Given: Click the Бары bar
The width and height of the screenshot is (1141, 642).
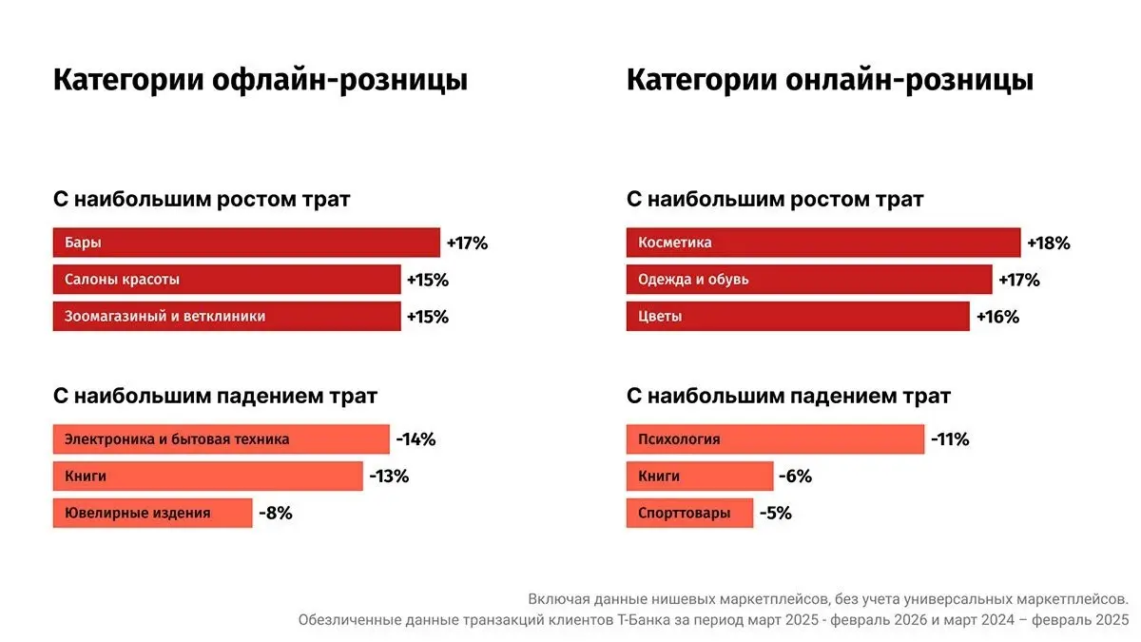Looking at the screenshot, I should coord(245,243).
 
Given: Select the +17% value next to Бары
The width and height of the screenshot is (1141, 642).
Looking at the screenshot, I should coord(467,243).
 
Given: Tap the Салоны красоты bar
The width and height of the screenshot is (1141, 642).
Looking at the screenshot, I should coord(226,280).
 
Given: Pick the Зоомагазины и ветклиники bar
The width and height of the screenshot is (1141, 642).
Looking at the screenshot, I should coord(226,317).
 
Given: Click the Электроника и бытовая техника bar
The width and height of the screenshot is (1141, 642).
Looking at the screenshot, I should coord(221,439).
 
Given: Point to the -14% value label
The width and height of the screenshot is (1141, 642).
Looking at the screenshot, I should coord(416,439).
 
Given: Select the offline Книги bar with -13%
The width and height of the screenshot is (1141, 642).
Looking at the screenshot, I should coord(207,477).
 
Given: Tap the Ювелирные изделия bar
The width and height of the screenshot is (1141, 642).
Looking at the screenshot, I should coord(152,514).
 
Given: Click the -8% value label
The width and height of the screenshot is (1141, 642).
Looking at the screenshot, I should coord(276,514).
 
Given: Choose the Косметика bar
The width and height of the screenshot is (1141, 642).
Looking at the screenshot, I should coord(822,243).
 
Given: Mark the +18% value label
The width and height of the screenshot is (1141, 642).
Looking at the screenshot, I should coord(1049,243).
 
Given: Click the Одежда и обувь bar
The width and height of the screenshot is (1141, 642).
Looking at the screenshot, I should coord(808,280).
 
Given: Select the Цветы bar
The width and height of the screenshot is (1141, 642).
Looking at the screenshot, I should coord(797,317).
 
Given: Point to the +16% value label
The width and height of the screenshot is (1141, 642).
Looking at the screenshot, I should coord(997,318).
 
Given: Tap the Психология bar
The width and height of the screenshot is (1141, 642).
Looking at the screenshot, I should coord(775,439).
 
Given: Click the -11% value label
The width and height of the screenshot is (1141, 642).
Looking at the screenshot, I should coord(950,439).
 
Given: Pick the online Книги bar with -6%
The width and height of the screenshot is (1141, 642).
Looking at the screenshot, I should coord(699,477).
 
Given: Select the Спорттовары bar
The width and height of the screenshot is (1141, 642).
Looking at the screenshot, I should coord(688,514).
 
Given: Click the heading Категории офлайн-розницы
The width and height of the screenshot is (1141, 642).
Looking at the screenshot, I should coord(260,80).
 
